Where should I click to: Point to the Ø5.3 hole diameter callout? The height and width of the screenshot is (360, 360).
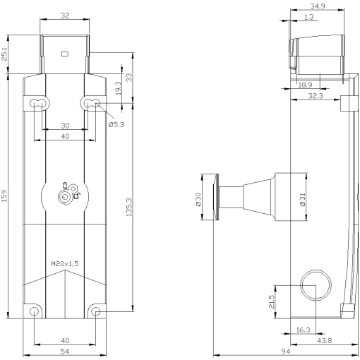coord(116,124)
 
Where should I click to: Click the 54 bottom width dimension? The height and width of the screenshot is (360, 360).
coord(64,351)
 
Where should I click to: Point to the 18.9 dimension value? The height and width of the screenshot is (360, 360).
coord(305,85)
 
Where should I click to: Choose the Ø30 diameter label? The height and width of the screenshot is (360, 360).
coord(198,200)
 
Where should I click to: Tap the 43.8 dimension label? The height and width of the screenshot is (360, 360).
coord(325,342)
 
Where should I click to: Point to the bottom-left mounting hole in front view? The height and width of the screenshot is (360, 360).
coord(33,311)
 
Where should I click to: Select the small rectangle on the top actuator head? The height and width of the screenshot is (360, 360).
coord(64,54)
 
